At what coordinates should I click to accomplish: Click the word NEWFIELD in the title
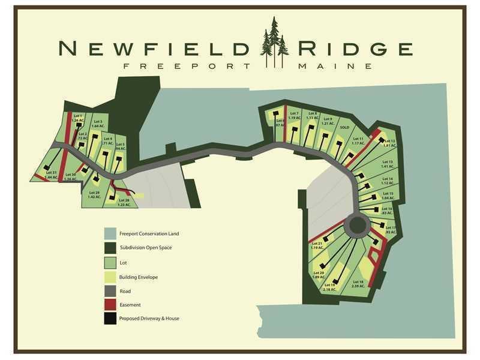pos(155,47)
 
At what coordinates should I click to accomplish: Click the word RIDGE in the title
pos(353,47)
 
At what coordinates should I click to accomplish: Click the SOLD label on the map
pos(344,128)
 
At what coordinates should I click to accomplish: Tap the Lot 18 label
pos(358,283)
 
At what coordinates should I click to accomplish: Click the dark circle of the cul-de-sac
pos(358,226)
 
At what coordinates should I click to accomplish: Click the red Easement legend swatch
pos(110,304)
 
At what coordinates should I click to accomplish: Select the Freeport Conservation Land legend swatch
pos(110,233)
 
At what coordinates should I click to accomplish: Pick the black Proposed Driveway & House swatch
pos(110,318)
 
